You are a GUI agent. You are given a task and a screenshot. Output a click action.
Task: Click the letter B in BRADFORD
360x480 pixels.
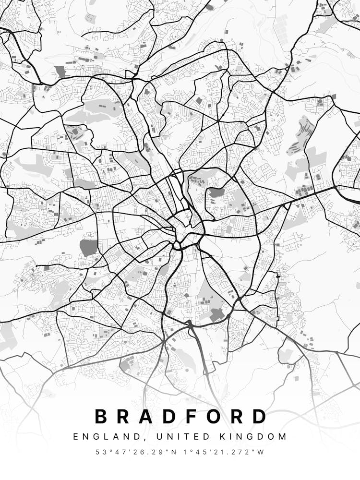click(x=101, y=416)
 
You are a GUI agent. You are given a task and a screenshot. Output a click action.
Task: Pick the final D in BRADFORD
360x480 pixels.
click(x=259, y=416)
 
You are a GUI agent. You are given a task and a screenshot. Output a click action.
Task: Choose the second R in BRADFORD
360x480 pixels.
click(x=239, y=416)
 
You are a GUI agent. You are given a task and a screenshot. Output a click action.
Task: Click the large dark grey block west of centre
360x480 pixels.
click(x=88, y=247)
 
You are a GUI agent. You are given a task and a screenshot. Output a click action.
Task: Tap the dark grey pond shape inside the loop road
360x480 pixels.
click(x=216, y=193)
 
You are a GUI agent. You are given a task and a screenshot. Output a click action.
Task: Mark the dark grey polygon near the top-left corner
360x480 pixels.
click(x=60, y=72)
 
